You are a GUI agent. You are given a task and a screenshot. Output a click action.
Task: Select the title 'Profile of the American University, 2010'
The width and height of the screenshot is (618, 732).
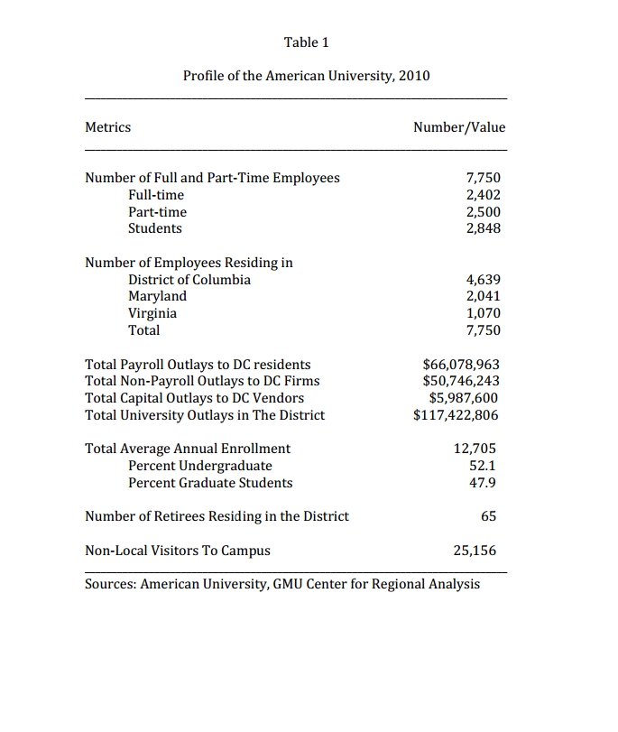tap(306, 76)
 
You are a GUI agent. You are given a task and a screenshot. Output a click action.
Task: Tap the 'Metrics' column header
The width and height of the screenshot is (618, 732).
tap(107, 127)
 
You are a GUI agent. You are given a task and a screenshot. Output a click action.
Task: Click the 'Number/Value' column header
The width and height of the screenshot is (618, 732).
tap(459, 127)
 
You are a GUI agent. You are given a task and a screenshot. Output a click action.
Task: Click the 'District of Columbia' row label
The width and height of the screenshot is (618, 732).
tap(189, 280)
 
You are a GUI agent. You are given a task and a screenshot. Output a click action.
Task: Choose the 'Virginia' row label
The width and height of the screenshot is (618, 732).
tap(152, 313)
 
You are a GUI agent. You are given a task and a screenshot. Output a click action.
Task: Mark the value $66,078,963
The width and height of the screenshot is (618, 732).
tap(461, 365)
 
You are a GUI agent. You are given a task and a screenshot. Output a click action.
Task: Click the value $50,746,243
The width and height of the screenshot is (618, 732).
tap(461, 381)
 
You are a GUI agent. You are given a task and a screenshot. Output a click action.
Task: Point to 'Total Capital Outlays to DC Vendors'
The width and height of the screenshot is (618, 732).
tap(194, 398)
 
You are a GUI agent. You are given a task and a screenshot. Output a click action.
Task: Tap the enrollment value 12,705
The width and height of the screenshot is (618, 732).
tap(475, 449)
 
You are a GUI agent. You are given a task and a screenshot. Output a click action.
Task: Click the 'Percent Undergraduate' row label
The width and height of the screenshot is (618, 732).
tap(200, 466)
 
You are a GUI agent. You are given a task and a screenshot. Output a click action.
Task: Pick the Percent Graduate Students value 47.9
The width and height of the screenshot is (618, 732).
tap(484, 483)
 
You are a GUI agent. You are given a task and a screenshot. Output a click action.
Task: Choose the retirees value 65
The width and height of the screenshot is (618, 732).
tap(488, 516)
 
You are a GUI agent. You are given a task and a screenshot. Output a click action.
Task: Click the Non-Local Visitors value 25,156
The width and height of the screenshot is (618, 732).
tap(475, 551)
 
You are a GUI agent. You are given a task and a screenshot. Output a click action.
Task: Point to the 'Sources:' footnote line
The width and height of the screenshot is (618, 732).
tap(282, 584)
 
